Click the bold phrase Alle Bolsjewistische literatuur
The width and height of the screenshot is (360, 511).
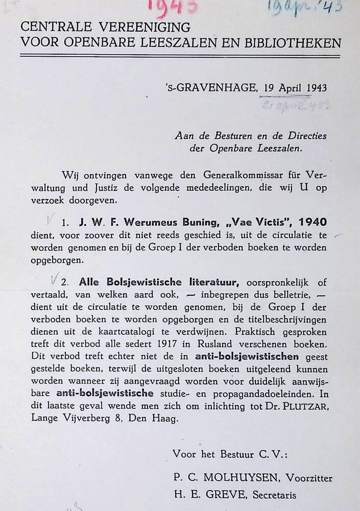click(x=161, y=282)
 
